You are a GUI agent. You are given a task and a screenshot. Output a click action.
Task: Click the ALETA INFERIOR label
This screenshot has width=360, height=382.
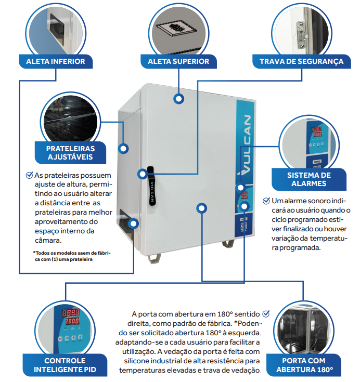pyautogui.click(x=56, y=61)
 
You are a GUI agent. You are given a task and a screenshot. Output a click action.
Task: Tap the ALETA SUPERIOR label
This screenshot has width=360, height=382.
pyautogui.click(x=178, y=61)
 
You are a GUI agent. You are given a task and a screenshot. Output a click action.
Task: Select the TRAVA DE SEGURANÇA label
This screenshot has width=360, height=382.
pyautogui.click(x=301, y=61)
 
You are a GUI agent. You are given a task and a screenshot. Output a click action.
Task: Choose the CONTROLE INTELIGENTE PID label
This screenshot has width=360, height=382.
pyautogui.click(x=65, y=365)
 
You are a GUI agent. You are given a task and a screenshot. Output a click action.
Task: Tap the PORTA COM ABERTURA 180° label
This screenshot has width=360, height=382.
pyautogui.click(x=307, y=365)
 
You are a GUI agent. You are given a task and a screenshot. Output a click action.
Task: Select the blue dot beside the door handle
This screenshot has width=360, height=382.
pyautogui.click(x=141, y=174)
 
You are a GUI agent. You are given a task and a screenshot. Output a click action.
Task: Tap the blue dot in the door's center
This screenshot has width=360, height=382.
pyautogui.click(x=200, y=208)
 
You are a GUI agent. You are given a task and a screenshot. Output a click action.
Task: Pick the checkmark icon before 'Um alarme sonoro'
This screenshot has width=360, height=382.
pyautogui.click(x=266, y=200)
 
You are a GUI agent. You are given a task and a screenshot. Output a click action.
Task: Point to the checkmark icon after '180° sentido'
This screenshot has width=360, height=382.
pyautogui.click(x=266, y=313)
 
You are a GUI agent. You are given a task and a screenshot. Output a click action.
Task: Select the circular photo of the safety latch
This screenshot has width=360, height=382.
pyautogui.click(x=301, y=29)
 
